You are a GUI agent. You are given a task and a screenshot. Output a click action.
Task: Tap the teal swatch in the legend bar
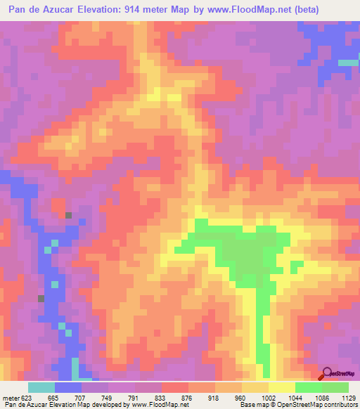[x=41, y=387]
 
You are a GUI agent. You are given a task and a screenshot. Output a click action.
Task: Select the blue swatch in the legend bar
[x=68, y=387]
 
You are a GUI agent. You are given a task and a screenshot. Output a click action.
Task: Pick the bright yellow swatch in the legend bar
[x=282, y=387]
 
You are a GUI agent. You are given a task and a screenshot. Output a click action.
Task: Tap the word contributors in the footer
[x=339, y=404]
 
